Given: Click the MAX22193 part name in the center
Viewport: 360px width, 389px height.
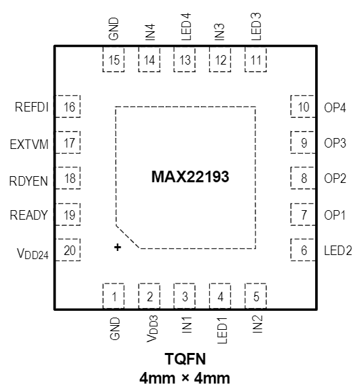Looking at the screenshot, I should click(190, 179).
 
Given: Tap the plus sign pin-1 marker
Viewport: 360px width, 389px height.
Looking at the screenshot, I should click(118, 249).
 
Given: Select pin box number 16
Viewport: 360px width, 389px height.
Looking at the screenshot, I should click(69, 107).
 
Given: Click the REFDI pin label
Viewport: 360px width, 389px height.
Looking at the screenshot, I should click(31, 107).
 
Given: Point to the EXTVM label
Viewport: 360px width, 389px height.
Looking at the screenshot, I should click(30, 143).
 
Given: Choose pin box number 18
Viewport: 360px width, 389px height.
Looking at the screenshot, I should click(69, 179).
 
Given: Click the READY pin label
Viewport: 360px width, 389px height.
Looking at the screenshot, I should click(30, 215).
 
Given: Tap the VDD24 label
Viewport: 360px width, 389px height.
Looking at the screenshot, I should click(32, 251).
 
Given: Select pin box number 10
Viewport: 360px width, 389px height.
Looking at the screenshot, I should click(303, 107).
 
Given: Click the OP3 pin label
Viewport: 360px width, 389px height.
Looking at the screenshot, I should click(335, 143).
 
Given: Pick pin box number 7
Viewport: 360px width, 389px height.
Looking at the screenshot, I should click(303, 215).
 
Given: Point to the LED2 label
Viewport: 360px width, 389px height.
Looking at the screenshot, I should click(338, 251).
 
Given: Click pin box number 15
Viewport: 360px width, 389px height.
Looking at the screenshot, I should click(114, 61).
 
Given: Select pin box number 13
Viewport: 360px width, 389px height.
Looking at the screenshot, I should click(185, 61).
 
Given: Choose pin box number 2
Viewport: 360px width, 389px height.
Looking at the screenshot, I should click(149, 297).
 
